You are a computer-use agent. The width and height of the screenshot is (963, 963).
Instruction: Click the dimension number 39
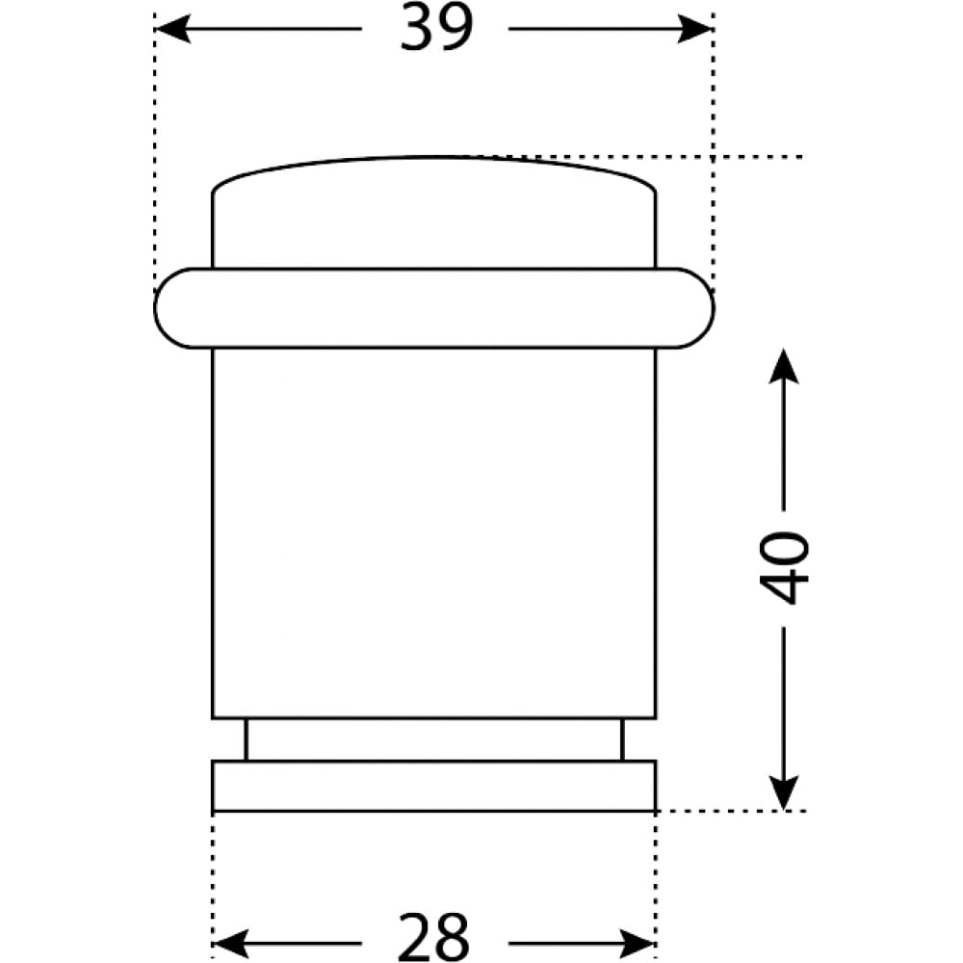tap(436, 28)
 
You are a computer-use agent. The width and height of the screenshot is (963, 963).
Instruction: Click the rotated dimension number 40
tap(784, 567)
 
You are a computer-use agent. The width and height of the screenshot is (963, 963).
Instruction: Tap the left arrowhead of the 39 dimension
tap(173, 29)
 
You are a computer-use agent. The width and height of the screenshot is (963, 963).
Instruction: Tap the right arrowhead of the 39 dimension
tap(694, 29)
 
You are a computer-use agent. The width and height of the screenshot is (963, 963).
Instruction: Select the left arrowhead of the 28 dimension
tap(231, 944)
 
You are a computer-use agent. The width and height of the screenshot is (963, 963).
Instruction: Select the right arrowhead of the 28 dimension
tap(638, 944)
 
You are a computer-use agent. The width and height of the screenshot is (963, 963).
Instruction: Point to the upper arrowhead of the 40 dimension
tap(784, 367)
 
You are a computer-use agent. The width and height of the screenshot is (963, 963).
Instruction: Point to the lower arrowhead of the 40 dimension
tap(784, 793)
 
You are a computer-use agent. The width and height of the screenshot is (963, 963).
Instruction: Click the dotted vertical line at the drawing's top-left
tap(155, 153)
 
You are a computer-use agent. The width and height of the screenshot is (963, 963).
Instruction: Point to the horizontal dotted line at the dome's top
tap(633, 157)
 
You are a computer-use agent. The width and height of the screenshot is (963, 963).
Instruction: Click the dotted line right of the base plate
tap(731, 811)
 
